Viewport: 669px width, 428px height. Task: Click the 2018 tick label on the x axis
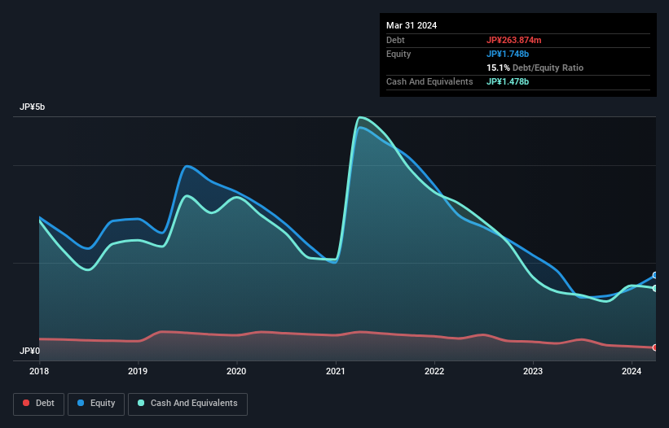coord(39,372)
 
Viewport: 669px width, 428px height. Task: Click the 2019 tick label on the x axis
coord(138,372)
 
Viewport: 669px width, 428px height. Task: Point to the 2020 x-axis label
coord(236,372)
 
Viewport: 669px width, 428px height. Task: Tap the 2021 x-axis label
coord(336,372)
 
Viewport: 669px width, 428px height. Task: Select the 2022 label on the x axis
coord(434,372)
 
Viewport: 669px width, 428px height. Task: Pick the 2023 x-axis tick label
coord(533,372)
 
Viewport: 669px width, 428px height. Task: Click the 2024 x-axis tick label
coord(632,372)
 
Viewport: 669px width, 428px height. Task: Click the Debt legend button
coord(39,404)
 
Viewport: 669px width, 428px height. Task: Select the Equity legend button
coord(96,404)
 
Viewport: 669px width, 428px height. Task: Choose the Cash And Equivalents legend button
coord(187,404)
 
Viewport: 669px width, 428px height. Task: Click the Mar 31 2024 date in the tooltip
coord(412,25)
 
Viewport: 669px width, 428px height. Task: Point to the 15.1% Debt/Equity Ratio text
coord(535,68)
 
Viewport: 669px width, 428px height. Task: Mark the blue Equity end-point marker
coord(655,275)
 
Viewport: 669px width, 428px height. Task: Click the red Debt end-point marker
coord(655,347)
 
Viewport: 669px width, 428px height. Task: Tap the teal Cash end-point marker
coord(655,288)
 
